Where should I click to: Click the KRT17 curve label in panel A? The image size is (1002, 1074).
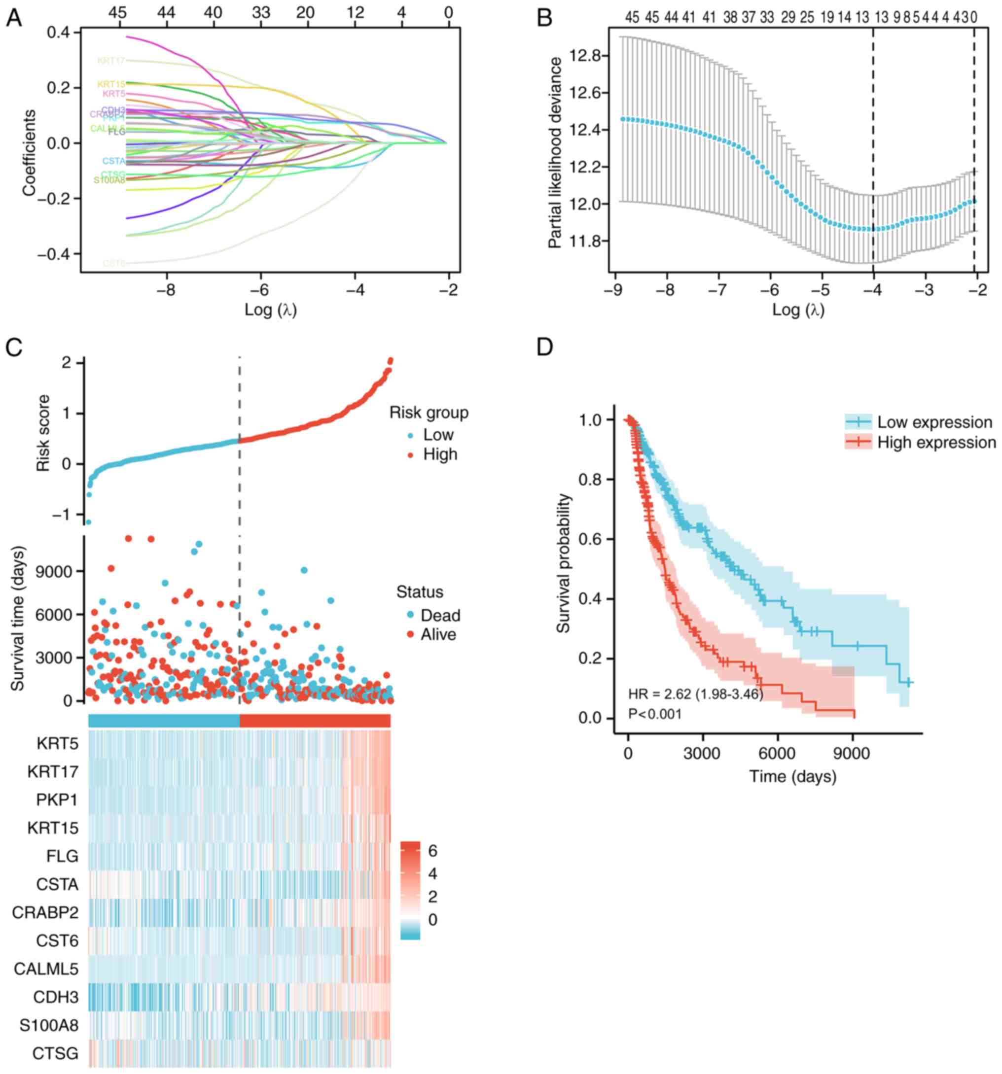coord(111,61)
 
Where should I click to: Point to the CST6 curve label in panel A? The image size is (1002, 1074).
coord(114,264)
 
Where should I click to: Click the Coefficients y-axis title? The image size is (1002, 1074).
coord(29,153)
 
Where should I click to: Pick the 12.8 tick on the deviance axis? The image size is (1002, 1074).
coord(586,56)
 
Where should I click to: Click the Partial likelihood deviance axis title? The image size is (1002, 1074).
coord(555,153)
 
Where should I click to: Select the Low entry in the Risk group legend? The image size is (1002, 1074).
coord(438,435)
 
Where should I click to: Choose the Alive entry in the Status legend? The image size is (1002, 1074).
coord(438,634)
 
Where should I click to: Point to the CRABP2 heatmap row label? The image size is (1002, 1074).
coord(45,912)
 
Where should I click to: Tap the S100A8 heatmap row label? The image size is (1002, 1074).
coord(49,1025)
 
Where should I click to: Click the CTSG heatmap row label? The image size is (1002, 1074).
coord(55,1053)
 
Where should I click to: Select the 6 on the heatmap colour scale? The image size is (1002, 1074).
coord(432,851)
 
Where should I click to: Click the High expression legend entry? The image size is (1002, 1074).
coord(936,443)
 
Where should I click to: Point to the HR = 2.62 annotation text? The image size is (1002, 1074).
coord(695,693)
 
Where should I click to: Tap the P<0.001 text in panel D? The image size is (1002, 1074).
coord(654,714)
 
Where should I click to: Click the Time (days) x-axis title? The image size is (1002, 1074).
coord(792,777)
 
